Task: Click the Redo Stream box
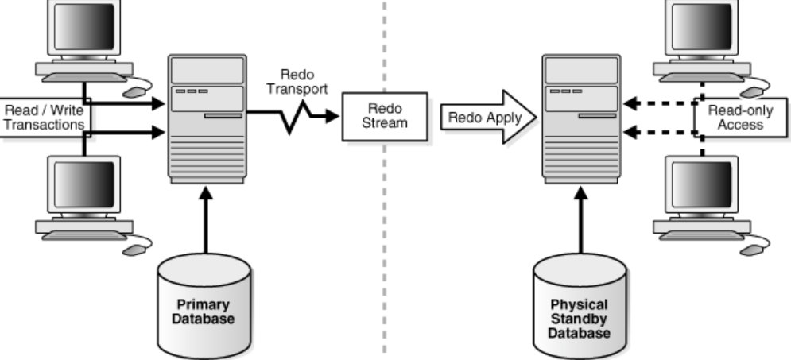(x=385, y=116)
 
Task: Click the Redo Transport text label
(x=297, y=81)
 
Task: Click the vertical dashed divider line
(x=385, y=238)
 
